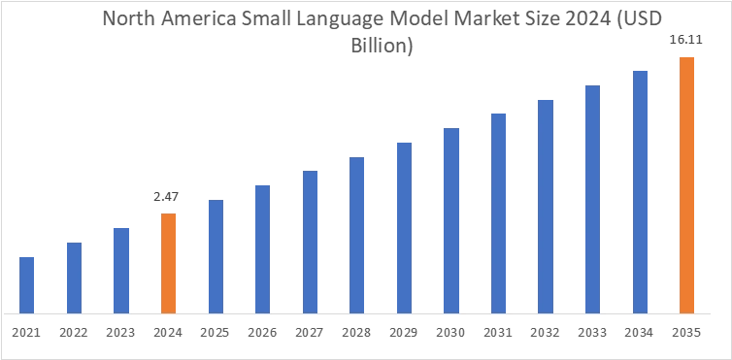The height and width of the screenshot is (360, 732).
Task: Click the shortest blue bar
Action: pyautogui.click(x=27, y=285)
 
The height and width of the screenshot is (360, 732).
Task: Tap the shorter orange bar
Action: pyautogui.click(x=168, y=262)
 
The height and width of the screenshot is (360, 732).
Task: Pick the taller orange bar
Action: pyautogui.click(x=687, y=184)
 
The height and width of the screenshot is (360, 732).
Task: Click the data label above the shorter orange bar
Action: pyautogui.click(x=163, y=195)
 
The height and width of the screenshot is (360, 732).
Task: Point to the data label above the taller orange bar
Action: pyautogui.click(x=687, y=39)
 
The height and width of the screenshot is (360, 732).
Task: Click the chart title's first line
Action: pyautogui.click(x=384, y=19)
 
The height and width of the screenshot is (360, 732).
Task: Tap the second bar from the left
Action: pyautogui.click(x=74, y=278)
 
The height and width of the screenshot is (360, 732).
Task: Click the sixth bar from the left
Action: pyautogui.click(x=261, y=246)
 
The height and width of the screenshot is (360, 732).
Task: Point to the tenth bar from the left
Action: pyautogui.click(x=452, y=219)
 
